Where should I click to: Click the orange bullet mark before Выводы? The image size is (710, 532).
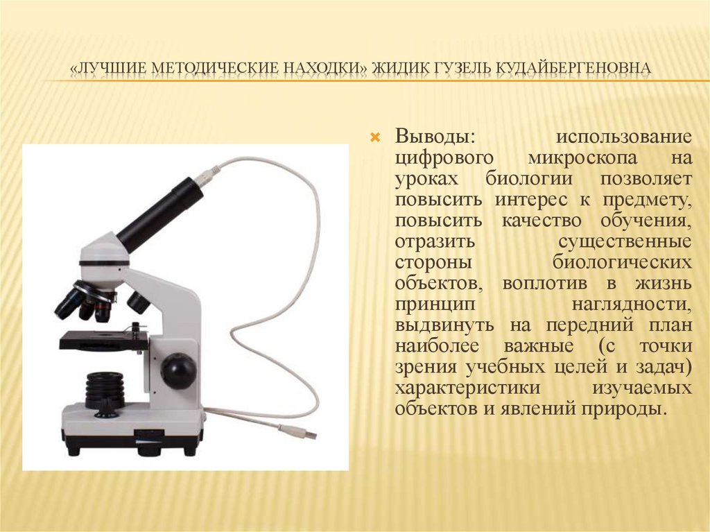pos(375,137)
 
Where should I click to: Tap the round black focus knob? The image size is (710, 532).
pos(177,370)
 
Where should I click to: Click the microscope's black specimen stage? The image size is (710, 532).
pos(103,340)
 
